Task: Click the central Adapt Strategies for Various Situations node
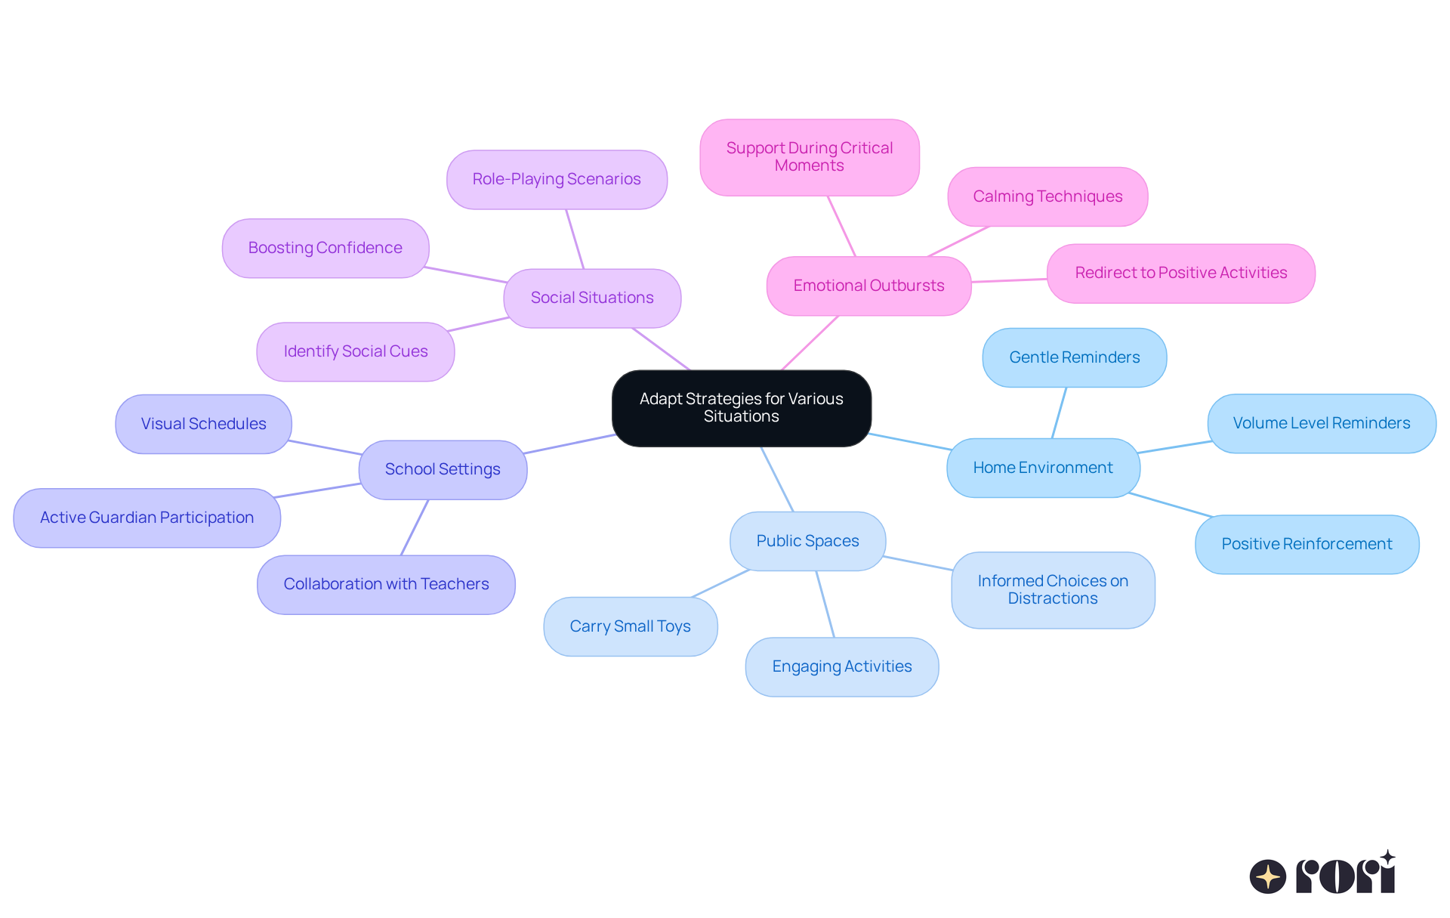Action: (x=741, y=408)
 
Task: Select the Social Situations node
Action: (x=592, y=298)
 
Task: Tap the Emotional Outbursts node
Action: (x=868, y=286)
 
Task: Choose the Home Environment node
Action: (x=1042, y=468)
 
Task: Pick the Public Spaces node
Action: (x=807, y=541)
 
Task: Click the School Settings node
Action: (x=443, y=469)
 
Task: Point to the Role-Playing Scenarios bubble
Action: (x=557, y=179)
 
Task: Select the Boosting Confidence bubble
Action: (x=325, y=248)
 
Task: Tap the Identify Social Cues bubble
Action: (x=356, y=351)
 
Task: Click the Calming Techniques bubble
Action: (x=1047, y=196)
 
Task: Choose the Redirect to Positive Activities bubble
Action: (x=1180, y=273)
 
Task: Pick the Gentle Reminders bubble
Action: (x=1074, y=357)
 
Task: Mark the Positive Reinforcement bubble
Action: (x=1307, y=544)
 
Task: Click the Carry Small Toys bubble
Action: (x=630, y=626)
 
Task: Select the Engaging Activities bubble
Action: (x=841, y=666)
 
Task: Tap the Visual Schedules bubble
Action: (x=203, y=424)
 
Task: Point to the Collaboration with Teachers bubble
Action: (x=386, y=584)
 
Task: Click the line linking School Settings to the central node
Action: (x=570, y=444)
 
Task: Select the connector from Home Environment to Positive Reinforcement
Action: (x=1171, y=505)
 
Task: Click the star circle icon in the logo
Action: (x=1267, y=876)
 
